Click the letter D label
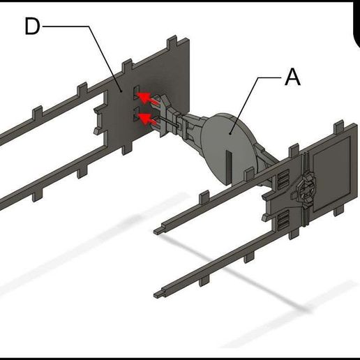pos(33,27)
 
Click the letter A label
pos(293,77)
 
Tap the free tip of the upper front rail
pos(159,228)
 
